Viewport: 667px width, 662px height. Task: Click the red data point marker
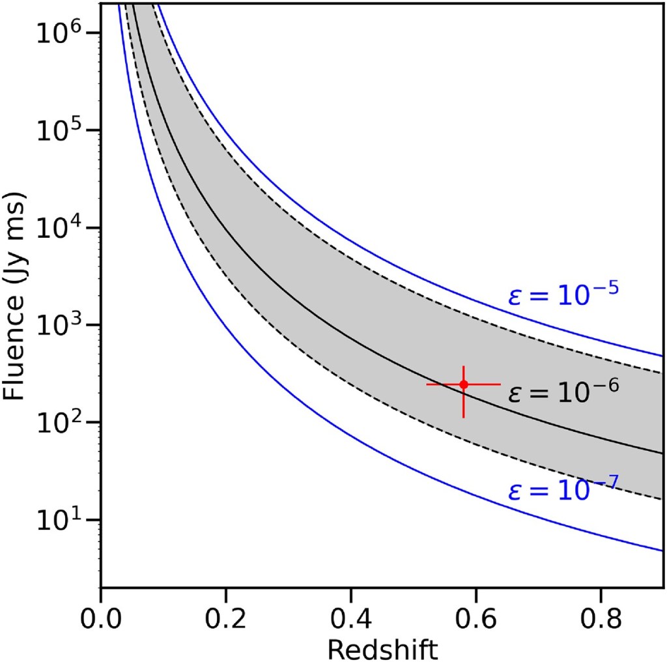tap(464, 384)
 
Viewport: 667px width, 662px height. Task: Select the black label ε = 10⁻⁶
tap(563, 392)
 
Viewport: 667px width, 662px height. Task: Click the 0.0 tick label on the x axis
tap(101, 616)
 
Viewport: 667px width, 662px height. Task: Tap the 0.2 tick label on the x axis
tap(225, 616)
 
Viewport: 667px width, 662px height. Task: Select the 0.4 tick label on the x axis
tap(350, 616)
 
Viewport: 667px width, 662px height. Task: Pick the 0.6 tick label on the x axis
tap(475, 616)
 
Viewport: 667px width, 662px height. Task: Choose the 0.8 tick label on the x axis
tap(600, 616)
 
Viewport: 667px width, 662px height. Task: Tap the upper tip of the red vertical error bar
tap(464, 367)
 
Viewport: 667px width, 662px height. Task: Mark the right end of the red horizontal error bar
tap(500, 384)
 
